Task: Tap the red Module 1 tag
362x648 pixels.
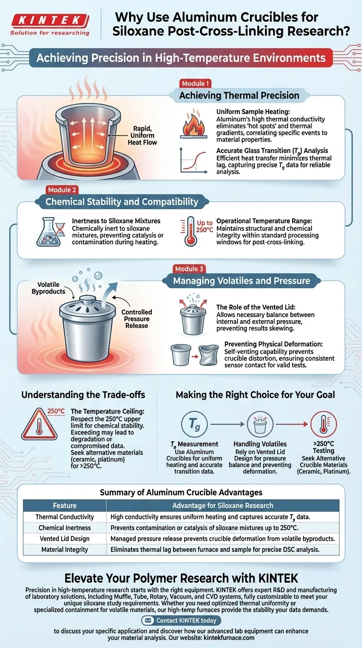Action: click(195, 84)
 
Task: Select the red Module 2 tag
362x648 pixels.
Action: click(62, 190)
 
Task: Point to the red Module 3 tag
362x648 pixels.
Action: click(189, 269)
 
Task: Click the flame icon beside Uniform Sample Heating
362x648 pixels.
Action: click(194, 124)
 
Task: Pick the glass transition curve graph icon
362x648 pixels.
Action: click(194, 161)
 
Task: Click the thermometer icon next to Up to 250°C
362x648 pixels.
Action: click(190, 231)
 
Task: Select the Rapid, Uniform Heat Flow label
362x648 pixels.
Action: click(142, 135)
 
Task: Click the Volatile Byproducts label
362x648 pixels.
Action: click(49, 288)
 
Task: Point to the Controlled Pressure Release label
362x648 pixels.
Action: click(137, 318)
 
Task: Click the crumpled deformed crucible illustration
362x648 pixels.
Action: click(208, 355)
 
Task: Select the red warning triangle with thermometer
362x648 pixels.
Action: click(39, 424)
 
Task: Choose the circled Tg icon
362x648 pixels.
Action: click(194, 424)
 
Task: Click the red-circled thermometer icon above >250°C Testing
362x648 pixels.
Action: click(323, 424)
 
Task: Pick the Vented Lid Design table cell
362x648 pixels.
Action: click(65, 538)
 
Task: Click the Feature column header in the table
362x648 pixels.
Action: click(65, 505)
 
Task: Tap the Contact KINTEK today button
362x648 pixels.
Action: click(181, 620)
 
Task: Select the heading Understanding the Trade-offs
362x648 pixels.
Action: click(83, 395)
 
